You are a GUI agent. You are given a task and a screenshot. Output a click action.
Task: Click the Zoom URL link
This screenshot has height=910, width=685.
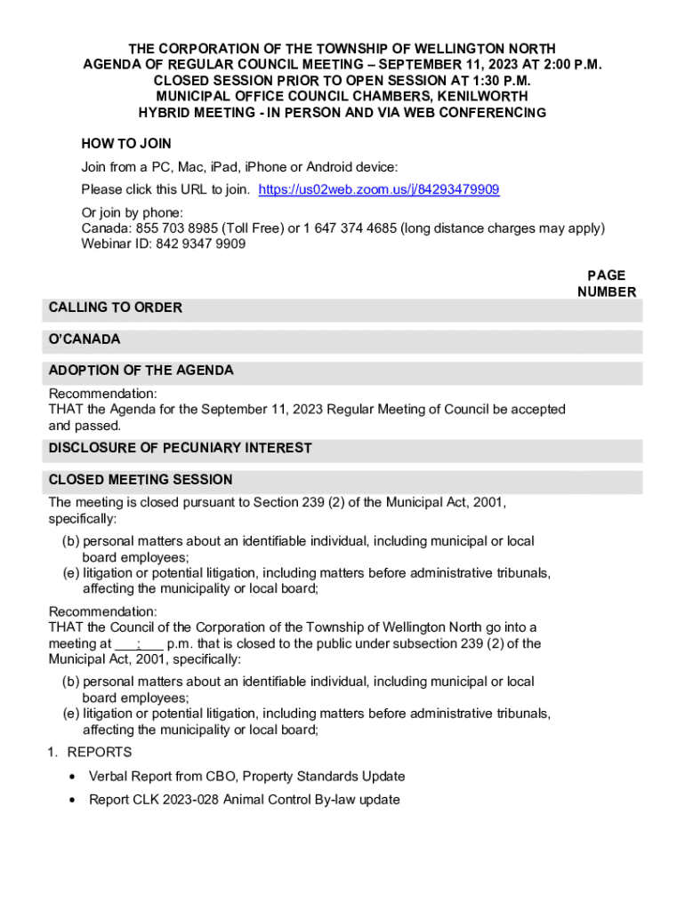pyautogui.click(x=378, y=189)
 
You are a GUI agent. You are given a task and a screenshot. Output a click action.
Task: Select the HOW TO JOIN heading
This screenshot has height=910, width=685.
pyautogui.click(x=126, y=143)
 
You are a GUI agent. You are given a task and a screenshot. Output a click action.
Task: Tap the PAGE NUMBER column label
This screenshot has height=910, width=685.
pyautogui.click(x=607, y=283)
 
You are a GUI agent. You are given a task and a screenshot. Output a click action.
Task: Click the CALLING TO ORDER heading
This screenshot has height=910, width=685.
pyautogui.click(x=116, y=307)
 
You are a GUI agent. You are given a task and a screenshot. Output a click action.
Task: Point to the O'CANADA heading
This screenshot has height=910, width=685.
pyautogui.click(x=85, y=339)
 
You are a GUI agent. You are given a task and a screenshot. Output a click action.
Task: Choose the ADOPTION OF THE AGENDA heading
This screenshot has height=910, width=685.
pyautogui.click(x=141, y=370)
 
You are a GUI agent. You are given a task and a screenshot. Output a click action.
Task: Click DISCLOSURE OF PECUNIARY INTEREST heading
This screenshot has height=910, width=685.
pyautogui.click(x=180, y=448)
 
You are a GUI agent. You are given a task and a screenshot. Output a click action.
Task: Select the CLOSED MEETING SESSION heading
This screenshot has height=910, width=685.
pyautogui.click(x=141, y=479)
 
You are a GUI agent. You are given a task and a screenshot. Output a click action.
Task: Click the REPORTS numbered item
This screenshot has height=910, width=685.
pyautogui.click(x=99, y=753)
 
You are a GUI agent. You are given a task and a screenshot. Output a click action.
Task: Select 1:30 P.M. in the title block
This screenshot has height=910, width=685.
pyautogui.click(x=483, y=80)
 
